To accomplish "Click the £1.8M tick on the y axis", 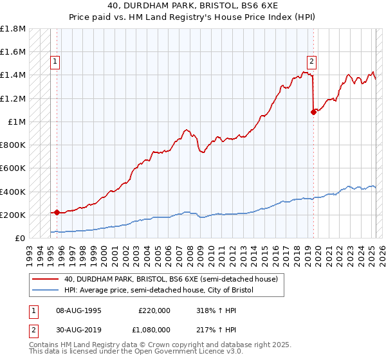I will coord(14,29).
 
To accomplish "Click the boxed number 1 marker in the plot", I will coord(55,62).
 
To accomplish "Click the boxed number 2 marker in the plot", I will coord(311,62).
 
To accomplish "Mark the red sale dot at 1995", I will coord(57,212).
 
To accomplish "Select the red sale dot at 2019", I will coord(313,112).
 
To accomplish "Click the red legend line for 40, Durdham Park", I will coord(46,279).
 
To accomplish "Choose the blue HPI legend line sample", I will coord(46,290).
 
